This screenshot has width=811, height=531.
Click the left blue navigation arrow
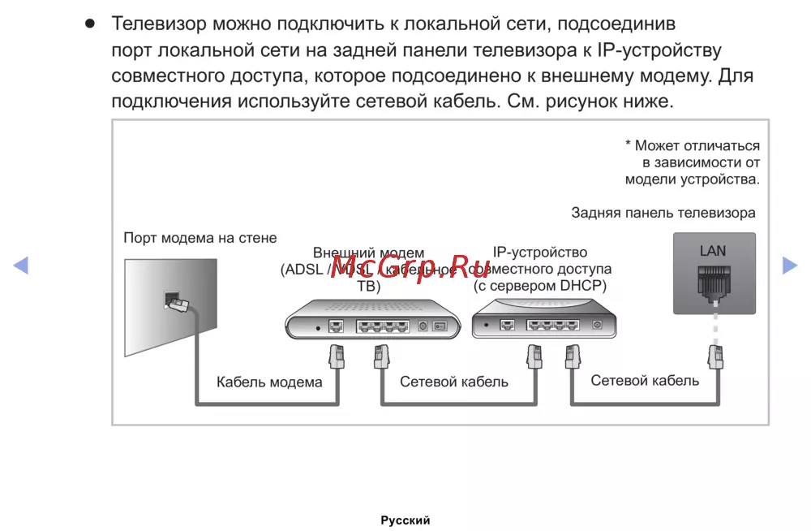click(x=21, y=265)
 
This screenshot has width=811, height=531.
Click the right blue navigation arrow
click(x=789, y=265)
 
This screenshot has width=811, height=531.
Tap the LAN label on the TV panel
click(x=713, y=251)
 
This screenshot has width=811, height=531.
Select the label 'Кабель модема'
click(x=269, y=382)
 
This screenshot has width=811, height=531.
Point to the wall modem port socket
click(x=172, y=300)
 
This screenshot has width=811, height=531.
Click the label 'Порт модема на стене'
click(x=200, y=238)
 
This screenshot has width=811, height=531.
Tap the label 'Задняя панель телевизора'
click(x=663, y=213)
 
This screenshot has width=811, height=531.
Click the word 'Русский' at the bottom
click(x=405, y=520)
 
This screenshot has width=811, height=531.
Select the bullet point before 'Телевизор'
click(x=91, y=23)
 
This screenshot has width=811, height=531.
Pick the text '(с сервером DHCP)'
click(x=540, y=286)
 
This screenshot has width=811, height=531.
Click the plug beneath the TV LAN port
click(x=714, y=356)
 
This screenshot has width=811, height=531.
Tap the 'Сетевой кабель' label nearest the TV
click(x=645, y=381)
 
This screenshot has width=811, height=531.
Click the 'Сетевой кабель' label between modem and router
click(x=454, y=382)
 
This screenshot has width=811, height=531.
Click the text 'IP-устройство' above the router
click(x=540, y=253)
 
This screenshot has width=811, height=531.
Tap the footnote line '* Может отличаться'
click(x=692, y=146)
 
